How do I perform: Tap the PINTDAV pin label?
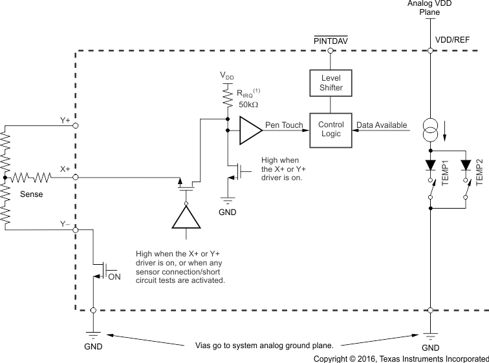pyautogui.click(x=331, y=40)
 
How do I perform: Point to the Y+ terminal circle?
pyautogui.click(x=76, y=125)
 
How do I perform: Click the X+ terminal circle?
pyautogui.click(x=76, y=177)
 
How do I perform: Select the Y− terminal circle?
pyautogui.click(x=76, y=229)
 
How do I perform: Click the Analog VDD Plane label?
pyautogui.click(x=430, y=7)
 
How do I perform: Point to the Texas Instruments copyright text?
pyautogui.click(x=401, y=358)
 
